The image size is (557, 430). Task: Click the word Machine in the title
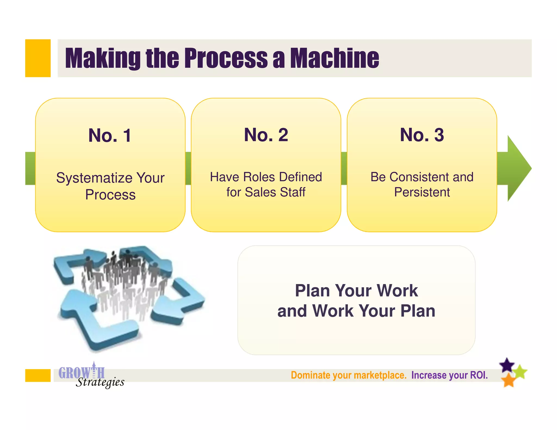335,58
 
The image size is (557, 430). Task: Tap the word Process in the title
226,58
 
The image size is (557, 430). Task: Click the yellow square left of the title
38,58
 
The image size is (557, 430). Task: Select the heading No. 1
110,135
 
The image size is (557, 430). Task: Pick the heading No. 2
266,135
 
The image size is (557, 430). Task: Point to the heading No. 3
422,135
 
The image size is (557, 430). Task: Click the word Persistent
422,192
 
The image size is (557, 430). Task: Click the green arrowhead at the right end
518,169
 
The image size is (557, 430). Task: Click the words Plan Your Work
356,291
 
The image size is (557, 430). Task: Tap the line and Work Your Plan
356,311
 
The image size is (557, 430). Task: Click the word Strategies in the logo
100,382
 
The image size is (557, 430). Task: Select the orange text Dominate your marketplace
348,375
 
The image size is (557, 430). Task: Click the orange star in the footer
508,380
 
